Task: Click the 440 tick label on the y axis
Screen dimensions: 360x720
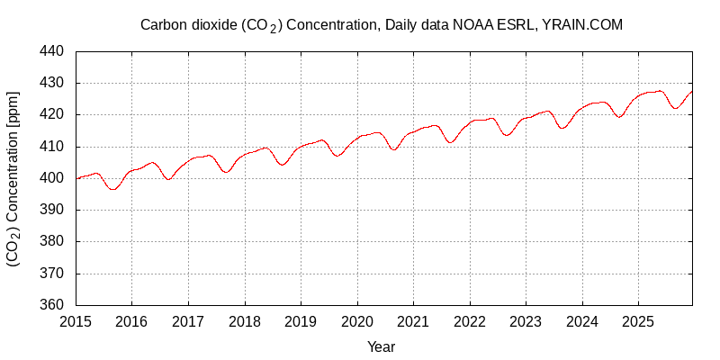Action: coord(50,51)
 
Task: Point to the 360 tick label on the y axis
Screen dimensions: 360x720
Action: coord(50,305)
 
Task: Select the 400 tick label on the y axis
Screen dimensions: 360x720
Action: coord(50,178)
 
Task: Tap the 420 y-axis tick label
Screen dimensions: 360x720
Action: coord(50,115)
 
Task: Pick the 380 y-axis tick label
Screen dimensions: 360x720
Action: coord(50,241)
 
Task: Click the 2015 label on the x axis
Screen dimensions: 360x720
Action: coord(76,321)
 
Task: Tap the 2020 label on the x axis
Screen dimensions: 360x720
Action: coord(357,321)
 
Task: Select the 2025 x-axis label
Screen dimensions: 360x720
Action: coord(638,321)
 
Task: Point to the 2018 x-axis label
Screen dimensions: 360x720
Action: coord(245,321)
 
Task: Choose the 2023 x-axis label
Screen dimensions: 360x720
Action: coord(526,321)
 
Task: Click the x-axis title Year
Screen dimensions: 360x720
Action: coord(381,346)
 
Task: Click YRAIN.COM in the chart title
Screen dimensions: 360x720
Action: coord(582,25)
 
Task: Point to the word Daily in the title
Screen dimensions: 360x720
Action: coord(401,25)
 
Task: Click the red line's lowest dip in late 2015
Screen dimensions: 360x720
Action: coord(112,189)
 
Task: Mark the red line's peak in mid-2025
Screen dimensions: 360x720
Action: coord(660,90)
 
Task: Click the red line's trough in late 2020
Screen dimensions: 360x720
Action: coord(394,149)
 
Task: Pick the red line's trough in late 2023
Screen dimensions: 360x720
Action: coord(562,128)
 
